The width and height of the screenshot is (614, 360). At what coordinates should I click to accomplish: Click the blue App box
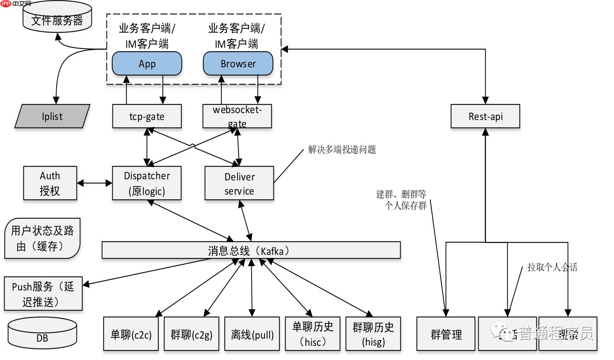[147, 63]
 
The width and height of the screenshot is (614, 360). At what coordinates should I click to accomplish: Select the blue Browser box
[238, 63]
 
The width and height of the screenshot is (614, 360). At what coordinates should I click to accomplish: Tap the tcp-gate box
[147, 116]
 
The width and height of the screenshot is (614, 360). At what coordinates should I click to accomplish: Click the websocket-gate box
[237, 116]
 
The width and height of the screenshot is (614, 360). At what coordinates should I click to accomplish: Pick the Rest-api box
[485, 116]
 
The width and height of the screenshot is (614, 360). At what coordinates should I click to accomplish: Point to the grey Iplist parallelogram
[52, 116]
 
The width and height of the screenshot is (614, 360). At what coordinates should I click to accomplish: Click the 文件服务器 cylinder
[57, 19]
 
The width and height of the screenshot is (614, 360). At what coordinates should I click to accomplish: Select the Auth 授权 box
[50, 183]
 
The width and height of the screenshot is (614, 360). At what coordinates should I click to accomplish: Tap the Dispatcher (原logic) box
[147, 183]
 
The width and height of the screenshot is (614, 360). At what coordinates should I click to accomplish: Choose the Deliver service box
[239, 183]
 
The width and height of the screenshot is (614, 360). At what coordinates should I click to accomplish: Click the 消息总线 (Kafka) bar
[251, 250]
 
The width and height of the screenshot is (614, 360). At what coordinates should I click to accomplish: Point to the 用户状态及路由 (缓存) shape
[42, 238]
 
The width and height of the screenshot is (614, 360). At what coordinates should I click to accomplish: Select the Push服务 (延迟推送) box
[43, 294]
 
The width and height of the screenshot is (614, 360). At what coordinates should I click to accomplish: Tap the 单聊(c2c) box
[131, 334]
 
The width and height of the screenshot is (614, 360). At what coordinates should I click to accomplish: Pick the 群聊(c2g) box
[191, 334]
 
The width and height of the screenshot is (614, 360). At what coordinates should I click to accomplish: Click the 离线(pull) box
[252, 334]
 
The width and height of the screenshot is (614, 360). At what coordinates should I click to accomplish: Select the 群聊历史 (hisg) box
[373, 334]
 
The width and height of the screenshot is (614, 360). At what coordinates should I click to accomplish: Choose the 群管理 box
[446, 334]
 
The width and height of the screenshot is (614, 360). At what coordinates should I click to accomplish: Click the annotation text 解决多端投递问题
[342, 149]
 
